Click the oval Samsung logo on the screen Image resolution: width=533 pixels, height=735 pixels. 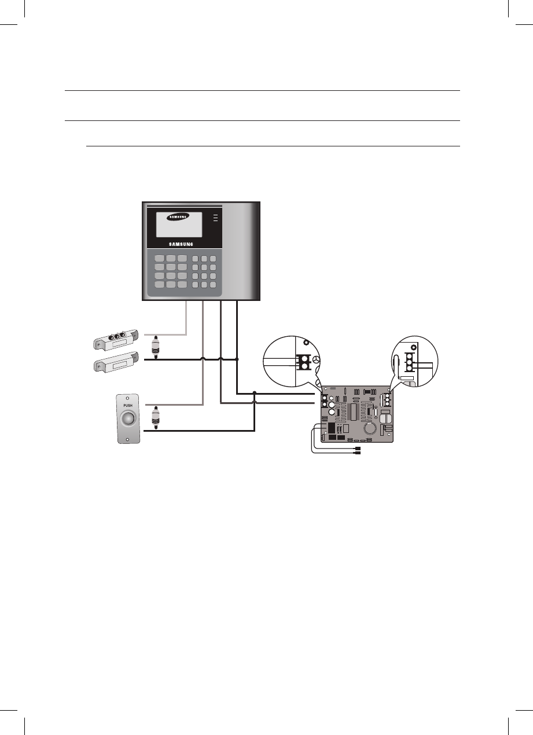[178, 218]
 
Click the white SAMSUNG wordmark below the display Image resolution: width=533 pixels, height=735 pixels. [177, 244]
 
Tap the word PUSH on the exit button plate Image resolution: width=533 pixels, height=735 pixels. [128, 405]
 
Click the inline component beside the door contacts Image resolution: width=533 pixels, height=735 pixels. [155, 348]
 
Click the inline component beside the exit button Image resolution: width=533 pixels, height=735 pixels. [155, 417]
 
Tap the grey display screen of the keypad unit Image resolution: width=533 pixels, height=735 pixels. [178, 224]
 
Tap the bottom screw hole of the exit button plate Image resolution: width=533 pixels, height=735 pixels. [128, 439]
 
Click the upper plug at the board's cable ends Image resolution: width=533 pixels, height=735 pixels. [358, 448]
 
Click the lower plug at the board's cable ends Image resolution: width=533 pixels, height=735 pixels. [358, 454]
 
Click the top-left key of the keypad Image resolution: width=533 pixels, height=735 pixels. [160, 258]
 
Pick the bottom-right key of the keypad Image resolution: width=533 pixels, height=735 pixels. [213, 285]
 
